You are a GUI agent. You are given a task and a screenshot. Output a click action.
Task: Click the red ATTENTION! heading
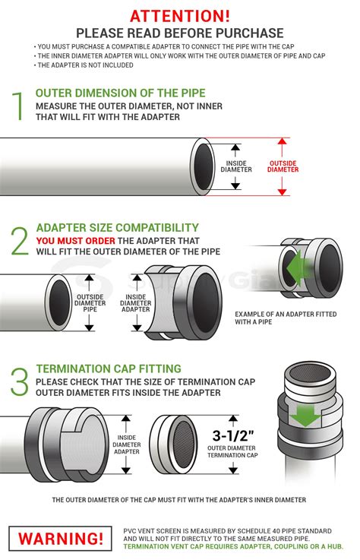tap(180, 16)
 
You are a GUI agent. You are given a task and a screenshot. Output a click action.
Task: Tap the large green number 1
tap(18, 106)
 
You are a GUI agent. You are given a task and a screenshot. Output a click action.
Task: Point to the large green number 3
tap(19, 381)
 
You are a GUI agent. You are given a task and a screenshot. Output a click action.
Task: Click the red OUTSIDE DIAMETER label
tap(283, 166)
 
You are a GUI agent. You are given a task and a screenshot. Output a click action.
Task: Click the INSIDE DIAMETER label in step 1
tap(236, 166)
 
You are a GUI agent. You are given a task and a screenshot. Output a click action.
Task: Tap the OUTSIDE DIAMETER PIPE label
tap(90, 303)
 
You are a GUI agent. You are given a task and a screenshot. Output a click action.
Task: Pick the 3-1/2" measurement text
tap(233, 435)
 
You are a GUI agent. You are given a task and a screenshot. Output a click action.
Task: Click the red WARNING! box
tap(60, 539)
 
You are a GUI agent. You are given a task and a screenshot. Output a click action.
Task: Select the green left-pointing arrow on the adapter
tap(295, 267)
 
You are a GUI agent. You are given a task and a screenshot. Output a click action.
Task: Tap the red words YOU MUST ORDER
tap(76, 241)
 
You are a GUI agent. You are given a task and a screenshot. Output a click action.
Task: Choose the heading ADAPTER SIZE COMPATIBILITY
tap(118, 228)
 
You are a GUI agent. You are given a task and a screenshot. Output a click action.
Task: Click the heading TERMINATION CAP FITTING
tap(109, 369)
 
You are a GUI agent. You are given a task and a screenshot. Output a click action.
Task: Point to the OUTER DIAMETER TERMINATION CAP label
tap(232, 451)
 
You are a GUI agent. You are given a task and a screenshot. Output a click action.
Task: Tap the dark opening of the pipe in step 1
tap(204, 167)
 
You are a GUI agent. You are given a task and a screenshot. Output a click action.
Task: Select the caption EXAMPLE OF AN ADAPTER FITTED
tap(286, 315)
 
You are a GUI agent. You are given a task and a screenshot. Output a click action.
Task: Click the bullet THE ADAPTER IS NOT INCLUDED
tap(84, 65)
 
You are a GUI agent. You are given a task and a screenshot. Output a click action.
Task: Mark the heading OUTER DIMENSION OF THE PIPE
tap(120, 93)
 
